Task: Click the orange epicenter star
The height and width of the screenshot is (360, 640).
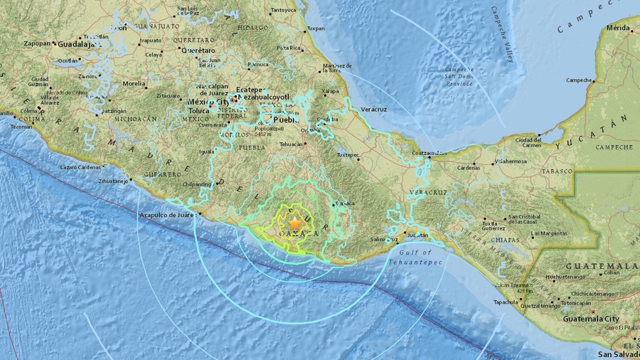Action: [294, 223]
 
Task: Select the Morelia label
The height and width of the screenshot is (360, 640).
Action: [134, 83]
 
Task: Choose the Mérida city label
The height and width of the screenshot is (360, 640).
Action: [618, 28]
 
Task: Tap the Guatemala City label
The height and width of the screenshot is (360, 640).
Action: [591, 319]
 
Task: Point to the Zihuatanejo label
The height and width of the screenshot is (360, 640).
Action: [113, 182]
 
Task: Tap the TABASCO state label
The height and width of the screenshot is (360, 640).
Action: [556, 171]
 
